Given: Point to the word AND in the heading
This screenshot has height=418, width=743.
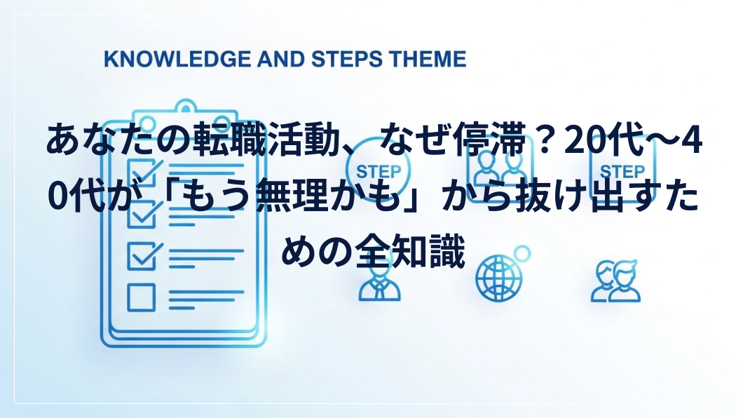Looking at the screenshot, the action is [280, 59].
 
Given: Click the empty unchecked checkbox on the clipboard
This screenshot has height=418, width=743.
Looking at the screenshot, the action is [141, 297].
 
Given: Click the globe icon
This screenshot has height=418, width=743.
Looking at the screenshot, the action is [499, 278].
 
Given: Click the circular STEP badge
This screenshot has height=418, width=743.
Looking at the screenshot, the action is [378, 170].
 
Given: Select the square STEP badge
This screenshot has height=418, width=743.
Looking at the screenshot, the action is [622, 169].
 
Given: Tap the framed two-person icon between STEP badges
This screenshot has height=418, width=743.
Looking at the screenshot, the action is [500, 169].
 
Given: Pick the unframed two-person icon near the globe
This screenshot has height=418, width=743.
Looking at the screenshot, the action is [616, 281].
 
